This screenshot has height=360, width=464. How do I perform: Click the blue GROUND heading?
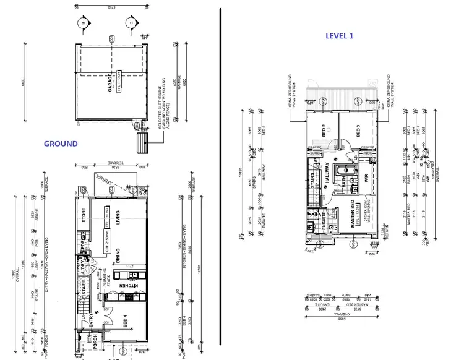(x=61, y=144)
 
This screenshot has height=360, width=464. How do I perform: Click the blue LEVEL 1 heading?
(x=340, y=36)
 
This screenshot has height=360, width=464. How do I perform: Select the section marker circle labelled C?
(x=130, y=23)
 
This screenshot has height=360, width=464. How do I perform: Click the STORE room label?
(x=83, y=217)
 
